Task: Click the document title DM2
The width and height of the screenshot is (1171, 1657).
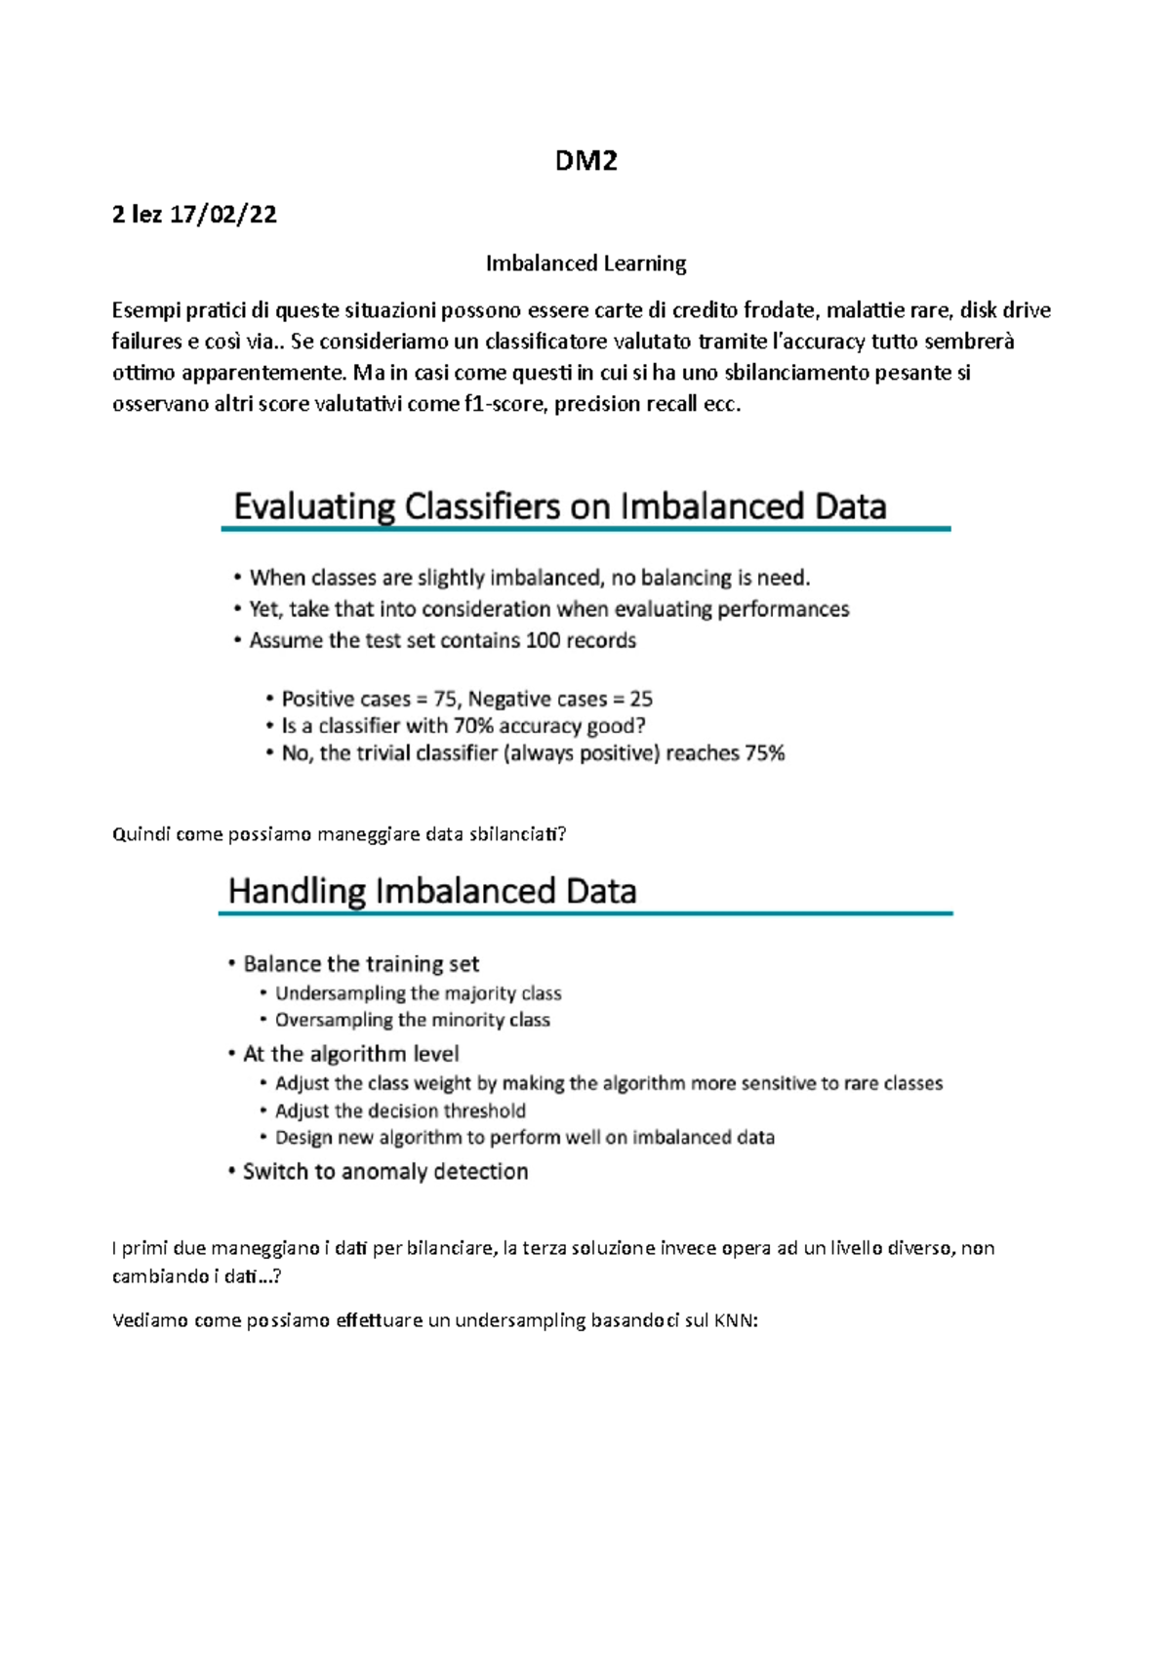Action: (585, 161)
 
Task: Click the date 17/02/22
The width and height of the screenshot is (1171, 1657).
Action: (222, 215)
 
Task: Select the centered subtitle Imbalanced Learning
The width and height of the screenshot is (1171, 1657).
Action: (585, 263)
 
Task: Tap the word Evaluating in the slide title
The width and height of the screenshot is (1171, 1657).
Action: (313, 507)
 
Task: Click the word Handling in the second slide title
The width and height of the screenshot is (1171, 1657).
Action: (297, 891)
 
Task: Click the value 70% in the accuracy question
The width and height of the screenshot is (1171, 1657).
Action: (473, 726)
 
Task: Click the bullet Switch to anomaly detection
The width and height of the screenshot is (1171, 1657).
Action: (385, 1171)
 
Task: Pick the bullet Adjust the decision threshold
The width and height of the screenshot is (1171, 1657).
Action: (400, 1111)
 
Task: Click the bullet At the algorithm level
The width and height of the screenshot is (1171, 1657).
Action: (351, 1054)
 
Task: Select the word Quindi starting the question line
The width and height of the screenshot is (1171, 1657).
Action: (141, 834)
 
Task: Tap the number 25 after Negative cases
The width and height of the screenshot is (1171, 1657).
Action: (641, 700)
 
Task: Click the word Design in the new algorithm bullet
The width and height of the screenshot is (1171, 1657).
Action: (304, 1138)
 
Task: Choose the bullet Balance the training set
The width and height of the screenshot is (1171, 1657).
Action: (361, 964)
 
